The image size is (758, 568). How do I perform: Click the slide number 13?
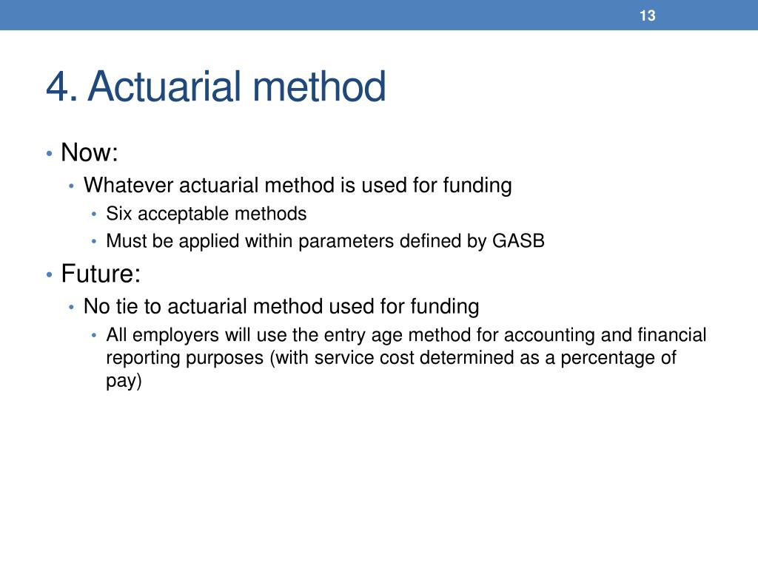648,16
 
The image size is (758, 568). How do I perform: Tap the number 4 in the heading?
57,87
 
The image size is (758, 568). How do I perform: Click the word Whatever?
128,185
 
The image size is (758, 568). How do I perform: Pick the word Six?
119,214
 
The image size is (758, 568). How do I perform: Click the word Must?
124,242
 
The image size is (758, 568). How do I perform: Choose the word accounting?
549,336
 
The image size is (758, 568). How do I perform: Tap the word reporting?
140,359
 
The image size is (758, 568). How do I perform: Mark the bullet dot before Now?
48,154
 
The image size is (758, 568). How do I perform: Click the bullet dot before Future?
48,275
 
